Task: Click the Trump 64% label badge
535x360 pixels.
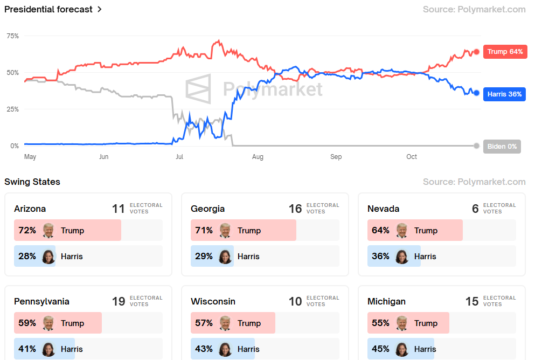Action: click(x=505, y=52)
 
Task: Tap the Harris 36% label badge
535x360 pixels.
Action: click(x=504, y=94)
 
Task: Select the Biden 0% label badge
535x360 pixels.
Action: click(x=502, y=146)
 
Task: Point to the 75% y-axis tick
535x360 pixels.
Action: click(x=12, y=36)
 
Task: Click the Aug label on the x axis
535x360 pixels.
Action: click(x=258, y=157)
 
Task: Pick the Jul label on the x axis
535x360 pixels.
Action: click(x=179, y=157)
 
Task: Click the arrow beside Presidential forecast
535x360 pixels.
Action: click(x=100, y=10)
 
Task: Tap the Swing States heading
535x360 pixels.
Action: click(x=32, y=182)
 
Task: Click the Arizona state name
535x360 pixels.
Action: click(x=30, y=209)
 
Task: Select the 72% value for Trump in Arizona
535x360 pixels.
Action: click(x=27, y=231)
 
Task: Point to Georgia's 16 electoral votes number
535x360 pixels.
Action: click(x=295, y=209)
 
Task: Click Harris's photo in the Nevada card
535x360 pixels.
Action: click(x=402, y=257)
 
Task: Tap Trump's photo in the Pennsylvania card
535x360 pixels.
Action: click(x=48, y=323)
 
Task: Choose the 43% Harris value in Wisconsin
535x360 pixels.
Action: click(x=204, y=349)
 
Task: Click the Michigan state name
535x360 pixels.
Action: click(x=386, y=301)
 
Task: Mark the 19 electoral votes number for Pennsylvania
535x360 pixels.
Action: click(x=119, y=301)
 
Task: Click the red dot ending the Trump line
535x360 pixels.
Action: click(x=476, y=52)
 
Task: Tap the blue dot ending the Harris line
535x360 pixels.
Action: click(x=476, y=93)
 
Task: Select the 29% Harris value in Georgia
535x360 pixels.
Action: click(x=204, y=257)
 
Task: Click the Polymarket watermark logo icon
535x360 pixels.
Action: click(x=198, y=89)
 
